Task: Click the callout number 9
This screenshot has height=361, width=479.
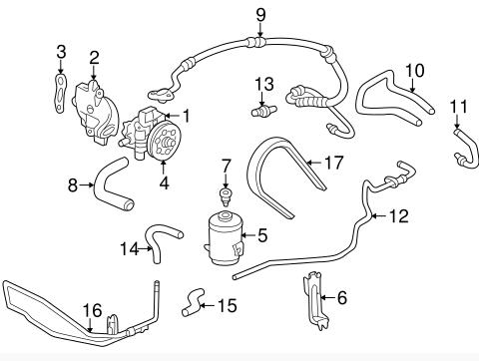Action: [x=260, y=15]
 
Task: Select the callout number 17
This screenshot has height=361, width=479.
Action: [x=333, y=163]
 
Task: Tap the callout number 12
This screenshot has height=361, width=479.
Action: [x=398, y=216]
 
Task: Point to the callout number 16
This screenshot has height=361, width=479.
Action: [x=92, y=310]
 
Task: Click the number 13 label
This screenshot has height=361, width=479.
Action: [x=264, y=84]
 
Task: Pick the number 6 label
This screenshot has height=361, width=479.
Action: [x=342, y=297]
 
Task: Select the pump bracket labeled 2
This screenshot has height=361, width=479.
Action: [x=95, y=112]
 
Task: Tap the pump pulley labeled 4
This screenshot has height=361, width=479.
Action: [x=164, y=140]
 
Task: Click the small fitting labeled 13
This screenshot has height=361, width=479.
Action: [x=263, y=110]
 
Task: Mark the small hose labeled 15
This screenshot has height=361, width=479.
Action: [x=193, y=302]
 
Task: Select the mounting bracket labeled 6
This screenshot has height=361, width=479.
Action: [x=316, y=301]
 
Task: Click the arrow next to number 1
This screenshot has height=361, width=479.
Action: [x=172, y=116]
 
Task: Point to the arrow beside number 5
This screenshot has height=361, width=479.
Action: [x=248, y=235]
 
